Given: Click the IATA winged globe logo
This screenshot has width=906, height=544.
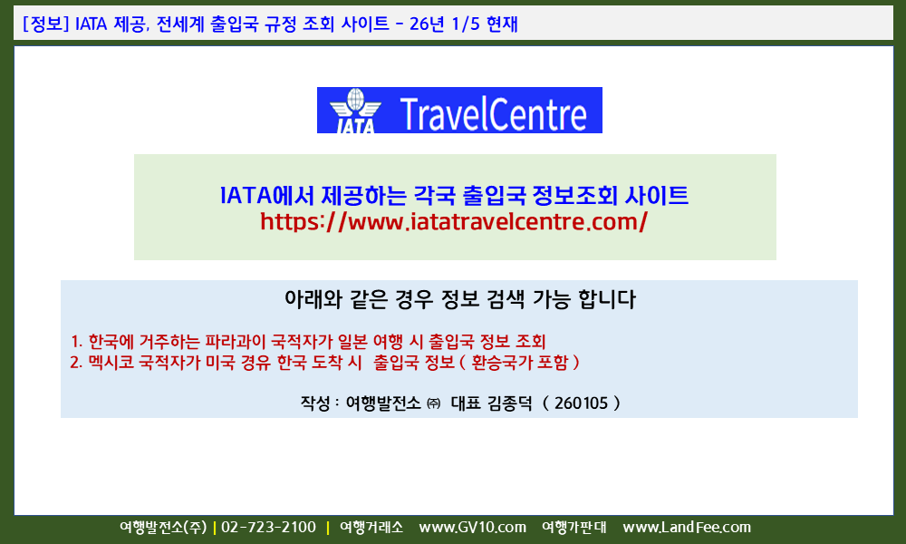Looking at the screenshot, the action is point(355,111).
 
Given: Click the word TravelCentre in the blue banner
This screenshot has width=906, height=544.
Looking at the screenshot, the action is point(494,114).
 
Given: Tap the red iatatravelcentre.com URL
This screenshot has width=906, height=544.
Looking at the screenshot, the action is point(454,221).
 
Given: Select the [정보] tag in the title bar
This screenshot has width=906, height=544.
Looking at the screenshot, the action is point(46,24).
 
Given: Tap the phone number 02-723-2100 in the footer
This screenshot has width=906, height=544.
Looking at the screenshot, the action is point(269,528).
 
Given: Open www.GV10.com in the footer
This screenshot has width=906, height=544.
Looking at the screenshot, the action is point(473,528).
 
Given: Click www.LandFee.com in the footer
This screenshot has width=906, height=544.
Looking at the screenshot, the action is point(687,528).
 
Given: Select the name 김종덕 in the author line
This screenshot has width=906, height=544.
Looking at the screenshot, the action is point(509,403).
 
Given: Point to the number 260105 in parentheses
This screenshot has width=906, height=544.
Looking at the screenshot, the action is point(582,403).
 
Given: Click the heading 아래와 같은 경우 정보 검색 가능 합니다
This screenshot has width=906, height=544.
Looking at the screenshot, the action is point(460,299).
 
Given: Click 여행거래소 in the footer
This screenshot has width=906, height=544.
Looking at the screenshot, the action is point(371,528).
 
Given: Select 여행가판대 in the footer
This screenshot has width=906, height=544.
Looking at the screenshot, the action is point(573,528).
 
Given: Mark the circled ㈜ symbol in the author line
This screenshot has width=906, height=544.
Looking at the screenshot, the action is point(433,403).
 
